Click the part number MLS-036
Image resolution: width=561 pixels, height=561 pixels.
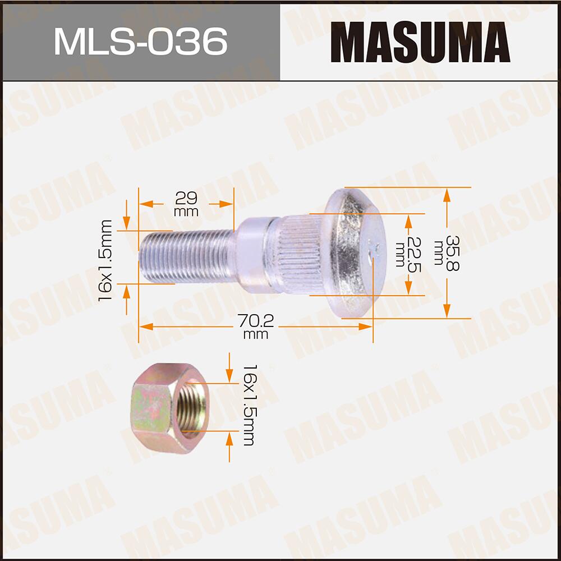(140, 41)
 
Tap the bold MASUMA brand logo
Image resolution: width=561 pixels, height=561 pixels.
(420, 42)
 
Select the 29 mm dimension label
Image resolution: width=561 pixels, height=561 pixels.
(186, 204)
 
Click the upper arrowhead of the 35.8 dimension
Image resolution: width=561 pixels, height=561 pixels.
(447, 194)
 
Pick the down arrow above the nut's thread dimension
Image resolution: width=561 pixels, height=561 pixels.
(229, 375)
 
